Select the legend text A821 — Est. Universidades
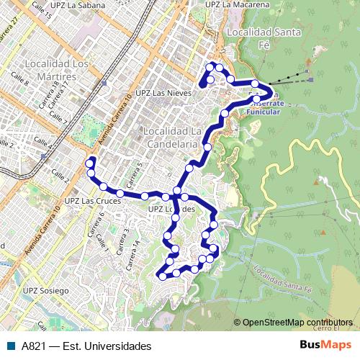click(86, 346)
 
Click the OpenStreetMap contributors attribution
click(297, 323)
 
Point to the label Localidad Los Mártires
click(50, 70)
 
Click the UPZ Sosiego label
click(45, 291)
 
